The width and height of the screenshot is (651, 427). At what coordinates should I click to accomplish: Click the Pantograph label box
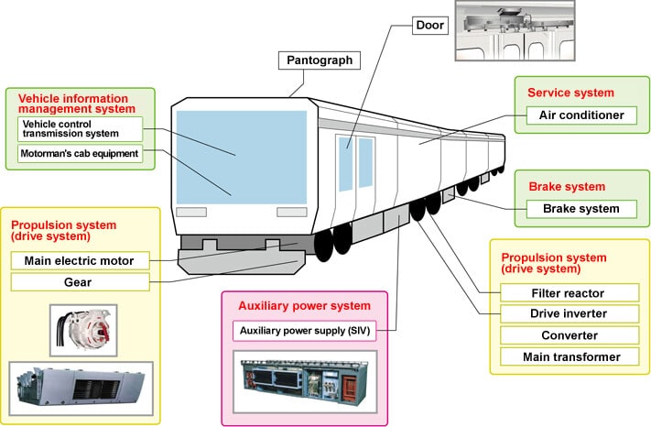point(320,60)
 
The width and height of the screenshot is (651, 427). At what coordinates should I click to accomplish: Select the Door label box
point(430,26)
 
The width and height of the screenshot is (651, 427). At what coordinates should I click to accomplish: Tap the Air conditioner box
point(581,115)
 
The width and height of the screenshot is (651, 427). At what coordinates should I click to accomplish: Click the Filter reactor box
point(570,293)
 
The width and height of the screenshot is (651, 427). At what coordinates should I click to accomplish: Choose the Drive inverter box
point(570,313)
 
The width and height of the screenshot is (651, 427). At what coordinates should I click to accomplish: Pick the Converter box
point(570,335)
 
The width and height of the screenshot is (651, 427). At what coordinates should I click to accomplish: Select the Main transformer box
point(570,356)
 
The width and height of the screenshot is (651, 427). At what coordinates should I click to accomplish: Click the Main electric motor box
point(81,261)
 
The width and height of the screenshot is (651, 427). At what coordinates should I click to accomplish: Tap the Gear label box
point(81,282)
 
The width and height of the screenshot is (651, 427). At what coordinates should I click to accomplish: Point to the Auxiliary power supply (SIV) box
point(304,331)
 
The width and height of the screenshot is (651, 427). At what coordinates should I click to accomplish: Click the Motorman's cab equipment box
point(81,154)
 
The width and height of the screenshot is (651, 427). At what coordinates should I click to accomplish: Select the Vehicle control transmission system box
point(81,129)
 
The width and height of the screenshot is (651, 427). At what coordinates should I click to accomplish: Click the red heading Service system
point(570,93)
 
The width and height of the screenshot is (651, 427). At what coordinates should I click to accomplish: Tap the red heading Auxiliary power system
point(304,306)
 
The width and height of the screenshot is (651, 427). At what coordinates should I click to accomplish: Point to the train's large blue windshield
point(242,157)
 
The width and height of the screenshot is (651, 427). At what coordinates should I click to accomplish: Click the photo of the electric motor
point(83,331)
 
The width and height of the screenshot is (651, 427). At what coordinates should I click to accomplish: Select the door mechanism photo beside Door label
point(515,31)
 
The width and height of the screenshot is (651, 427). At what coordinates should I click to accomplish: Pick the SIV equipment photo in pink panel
point(305,382)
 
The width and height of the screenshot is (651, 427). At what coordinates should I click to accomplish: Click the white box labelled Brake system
point(581,209)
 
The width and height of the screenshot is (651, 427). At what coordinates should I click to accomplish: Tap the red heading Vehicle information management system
point(76,104)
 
